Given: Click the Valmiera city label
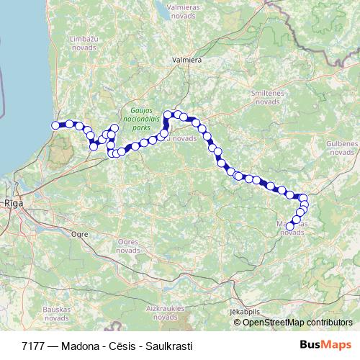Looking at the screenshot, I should [x=186, y=60].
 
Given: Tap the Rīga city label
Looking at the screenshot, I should [x=13, y=204].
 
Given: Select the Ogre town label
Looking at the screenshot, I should [x=81, y=235].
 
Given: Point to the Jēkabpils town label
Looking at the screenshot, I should [x=243, y=311].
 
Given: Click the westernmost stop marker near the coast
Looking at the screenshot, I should [x=55, y=126].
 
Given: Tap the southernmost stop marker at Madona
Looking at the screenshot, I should [x=290, y=227].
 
